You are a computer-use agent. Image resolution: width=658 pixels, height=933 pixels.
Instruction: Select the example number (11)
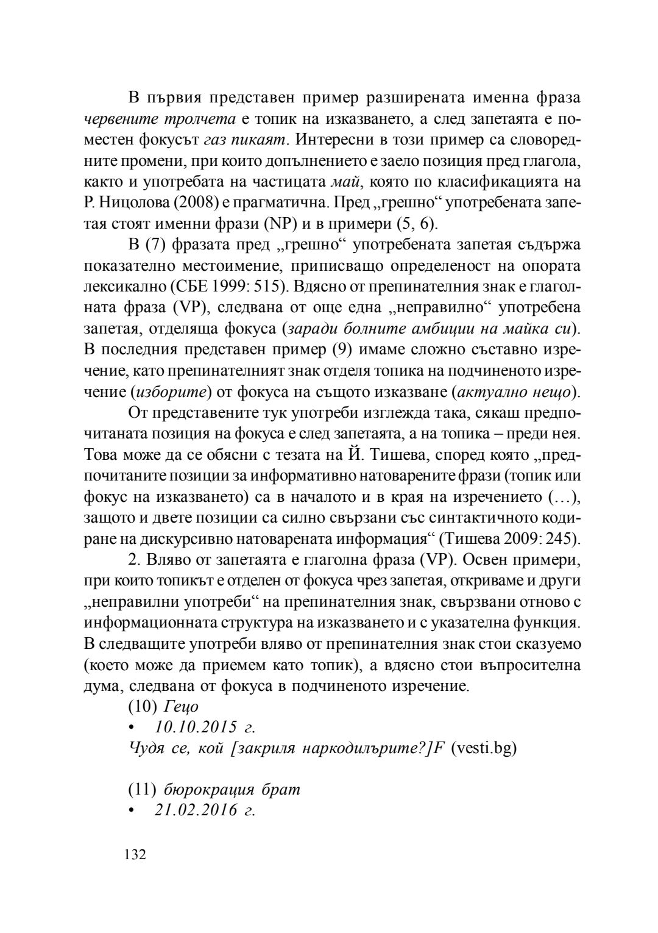tap(143, 789)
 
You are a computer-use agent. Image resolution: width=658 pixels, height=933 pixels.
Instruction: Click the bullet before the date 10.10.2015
tap(130, 727)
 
